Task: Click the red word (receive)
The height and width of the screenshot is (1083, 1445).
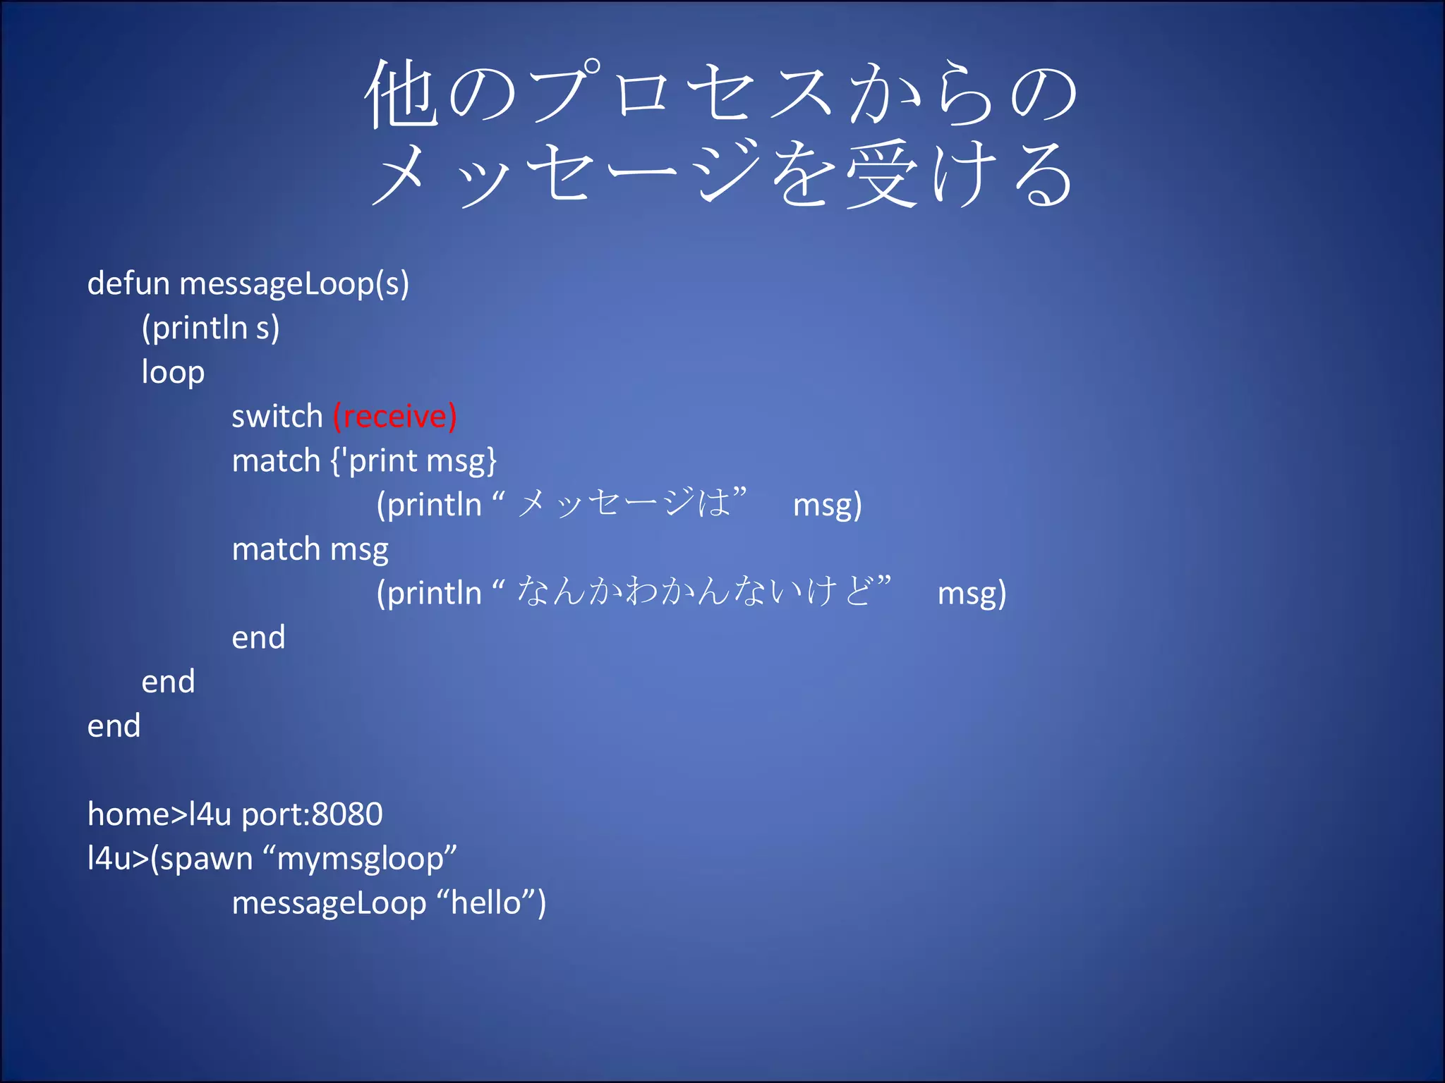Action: click(395, 416)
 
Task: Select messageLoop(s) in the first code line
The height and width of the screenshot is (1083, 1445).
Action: click(294, 285)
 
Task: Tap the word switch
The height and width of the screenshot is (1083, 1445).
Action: click(277, 416)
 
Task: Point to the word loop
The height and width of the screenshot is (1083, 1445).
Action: click(173, 373)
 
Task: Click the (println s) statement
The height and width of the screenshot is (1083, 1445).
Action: click(210, 329)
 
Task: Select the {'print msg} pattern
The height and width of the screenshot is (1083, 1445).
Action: click(414, 461)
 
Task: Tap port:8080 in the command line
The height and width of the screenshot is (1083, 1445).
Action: click(312, 814)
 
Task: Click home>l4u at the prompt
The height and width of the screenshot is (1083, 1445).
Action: click(159, 814)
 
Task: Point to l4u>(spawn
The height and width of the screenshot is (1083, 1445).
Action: click(170, 859)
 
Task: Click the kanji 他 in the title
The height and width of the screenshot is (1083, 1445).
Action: click(400, 95)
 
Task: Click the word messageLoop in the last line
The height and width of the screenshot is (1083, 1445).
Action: click(329, 903)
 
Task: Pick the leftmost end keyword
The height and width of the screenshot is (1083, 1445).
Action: click(114, 726)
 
